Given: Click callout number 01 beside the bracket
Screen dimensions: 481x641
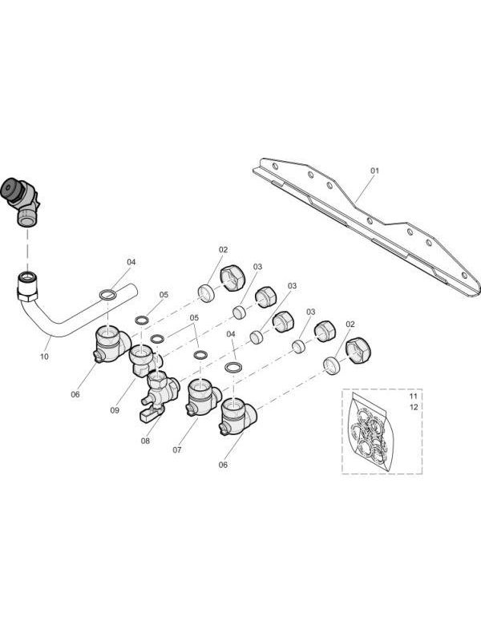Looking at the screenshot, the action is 374,171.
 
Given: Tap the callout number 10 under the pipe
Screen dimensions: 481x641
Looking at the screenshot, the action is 44,357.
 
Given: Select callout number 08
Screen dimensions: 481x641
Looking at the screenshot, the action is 145,441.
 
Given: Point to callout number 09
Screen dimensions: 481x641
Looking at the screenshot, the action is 115,410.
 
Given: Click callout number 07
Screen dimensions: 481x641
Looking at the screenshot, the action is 176,450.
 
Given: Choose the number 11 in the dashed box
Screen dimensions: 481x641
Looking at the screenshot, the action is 413,396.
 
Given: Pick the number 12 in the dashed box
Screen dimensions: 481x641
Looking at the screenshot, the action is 414,407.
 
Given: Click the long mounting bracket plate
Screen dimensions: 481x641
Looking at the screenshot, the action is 366,226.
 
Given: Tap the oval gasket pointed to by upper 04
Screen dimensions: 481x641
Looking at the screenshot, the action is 107,294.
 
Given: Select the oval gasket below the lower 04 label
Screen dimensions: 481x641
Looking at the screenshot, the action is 233,367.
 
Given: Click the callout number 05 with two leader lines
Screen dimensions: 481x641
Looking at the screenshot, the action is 194,317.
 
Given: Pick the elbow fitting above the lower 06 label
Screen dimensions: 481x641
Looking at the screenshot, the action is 238,416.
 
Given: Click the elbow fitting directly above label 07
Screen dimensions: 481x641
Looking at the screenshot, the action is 203,397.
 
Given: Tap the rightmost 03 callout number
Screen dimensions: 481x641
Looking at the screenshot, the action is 310,312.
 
